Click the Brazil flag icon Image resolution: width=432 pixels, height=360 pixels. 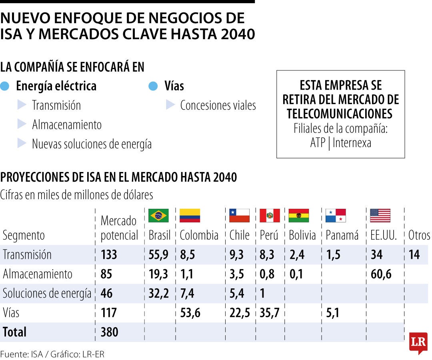tap(158, 216)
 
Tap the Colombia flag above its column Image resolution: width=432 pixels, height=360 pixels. tap(190, 216)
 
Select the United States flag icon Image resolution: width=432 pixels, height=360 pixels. tap(380, 216)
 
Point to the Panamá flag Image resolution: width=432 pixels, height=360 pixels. tap(336, 216)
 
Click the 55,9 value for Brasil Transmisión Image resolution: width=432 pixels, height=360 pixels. tap(158, 255)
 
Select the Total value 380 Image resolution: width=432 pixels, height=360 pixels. tap(110, 332)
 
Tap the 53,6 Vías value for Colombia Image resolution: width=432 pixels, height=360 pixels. tap(190, 313)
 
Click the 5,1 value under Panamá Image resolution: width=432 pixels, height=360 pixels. tap(333, 313)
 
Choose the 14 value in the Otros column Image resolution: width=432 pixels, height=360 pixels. tap(414, 255)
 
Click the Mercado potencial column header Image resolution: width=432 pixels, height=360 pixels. tap(119, 228)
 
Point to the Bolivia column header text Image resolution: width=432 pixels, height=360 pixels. tap(302, 235)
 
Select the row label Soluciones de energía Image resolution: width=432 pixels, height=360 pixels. tap(47, 294)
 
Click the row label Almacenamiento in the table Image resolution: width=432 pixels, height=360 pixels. tap(38, 274)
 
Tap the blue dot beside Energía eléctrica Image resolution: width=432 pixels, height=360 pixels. tap(5, 86)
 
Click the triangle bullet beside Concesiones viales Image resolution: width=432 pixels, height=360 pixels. tap(170, 105)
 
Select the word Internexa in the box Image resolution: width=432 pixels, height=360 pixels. tap(352, 143)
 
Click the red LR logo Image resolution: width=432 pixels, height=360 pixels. tap(418, 343)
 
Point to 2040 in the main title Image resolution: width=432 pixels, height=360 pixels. tap(238, 34)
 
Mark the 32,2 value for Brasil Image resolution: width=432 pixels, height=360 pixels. tap(158, 294)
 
